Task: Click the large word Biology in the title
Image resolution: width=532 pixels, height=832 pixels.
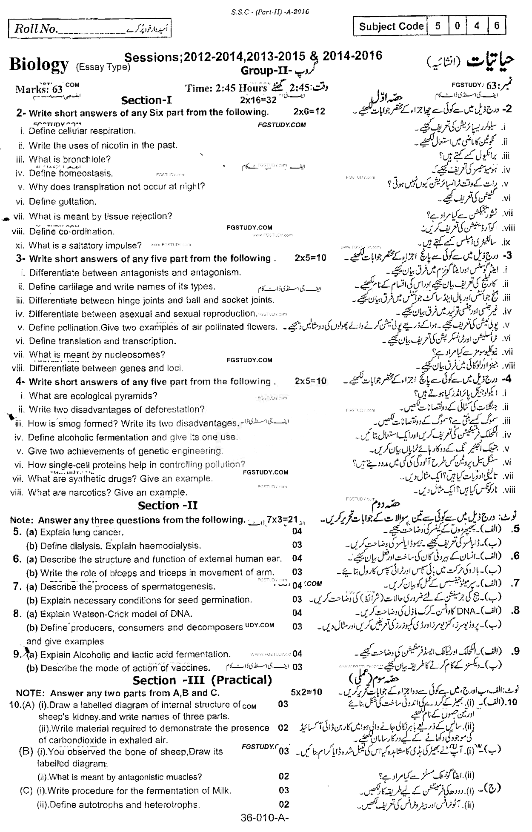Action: pos(39,65)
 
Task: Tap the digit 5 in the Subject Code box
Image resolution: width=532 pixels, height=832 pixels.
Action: pos(438,26)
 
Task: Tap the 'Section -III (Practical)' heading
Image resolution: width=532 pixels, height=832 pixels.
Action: pos(202,680)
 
